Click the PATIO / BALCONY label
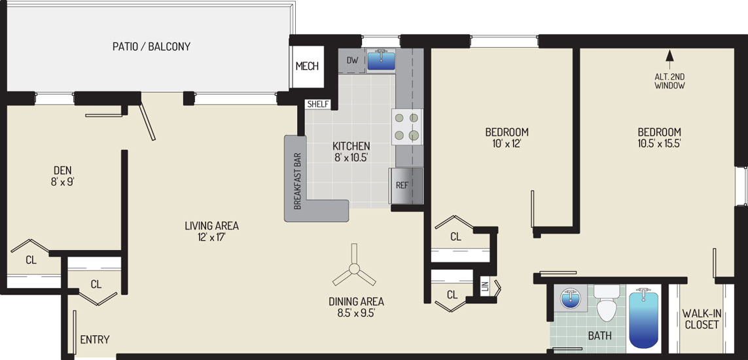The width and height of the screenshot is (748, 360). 151,46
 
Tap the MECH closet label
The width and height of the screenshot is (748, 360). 307,66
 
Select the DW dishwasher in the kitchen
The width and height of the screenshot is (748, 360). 351,61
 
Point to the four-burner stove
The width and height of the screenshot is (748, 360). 408,126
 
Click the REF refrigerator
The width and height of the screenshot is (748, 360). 406,185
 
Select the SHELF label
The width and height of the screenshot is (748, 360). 318,104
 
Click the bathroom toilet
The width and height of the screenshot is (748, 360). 607,303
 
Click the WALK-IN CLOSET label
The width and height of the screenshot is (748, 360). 700,319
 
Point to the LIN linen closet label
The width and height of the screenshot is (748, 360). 486,287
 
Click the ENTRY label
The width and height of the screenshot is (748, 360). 94,340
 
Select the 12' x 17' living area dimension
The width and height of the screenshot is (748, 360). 211,236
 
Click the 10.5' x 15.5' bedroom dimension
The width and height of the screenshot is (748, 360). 659,143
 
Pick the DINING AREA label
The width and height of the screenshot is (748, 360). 356,301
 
